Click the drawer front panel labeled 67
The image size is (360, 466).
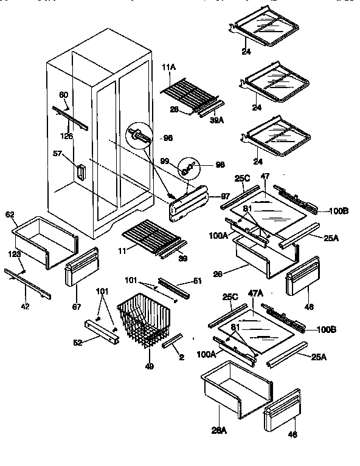(80, 267)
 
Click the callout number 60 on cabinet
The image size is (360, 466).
(63, 95)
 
